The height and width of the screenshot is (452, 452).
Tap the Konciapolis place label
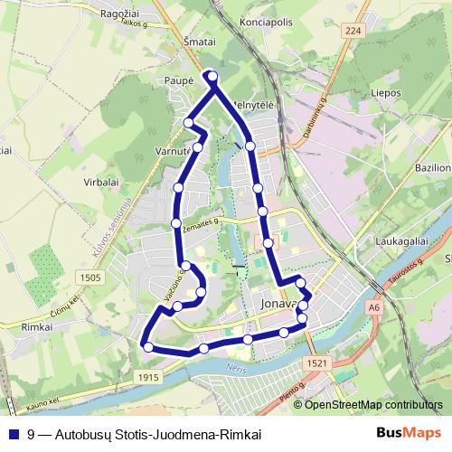(266, 18)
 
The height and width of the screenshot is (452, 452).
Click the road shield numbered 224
(352, 30)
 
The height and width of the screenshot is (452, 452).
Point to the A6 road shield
(374, 308)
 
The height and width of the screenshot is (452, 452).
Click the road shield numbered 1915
(150, 377)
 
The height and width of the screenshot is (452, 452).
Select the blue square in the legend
(14, 434)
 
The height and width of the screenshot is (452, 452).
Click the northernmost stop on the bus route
(212, 75)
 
